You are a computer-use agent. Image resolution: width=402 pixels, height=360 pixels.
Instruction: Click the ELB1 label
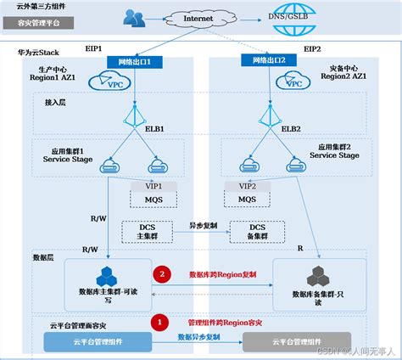pos(153,129)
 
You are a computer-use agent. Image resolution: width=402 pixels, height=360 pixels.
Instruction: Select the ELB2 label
pos(290,129)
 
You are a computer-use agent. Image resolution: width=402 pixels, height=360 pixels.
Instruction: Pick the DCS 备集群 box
pos(258,232)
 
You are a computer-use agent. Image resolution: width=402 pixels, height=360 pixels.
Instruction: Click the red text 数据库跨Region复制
pos(222,275)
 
